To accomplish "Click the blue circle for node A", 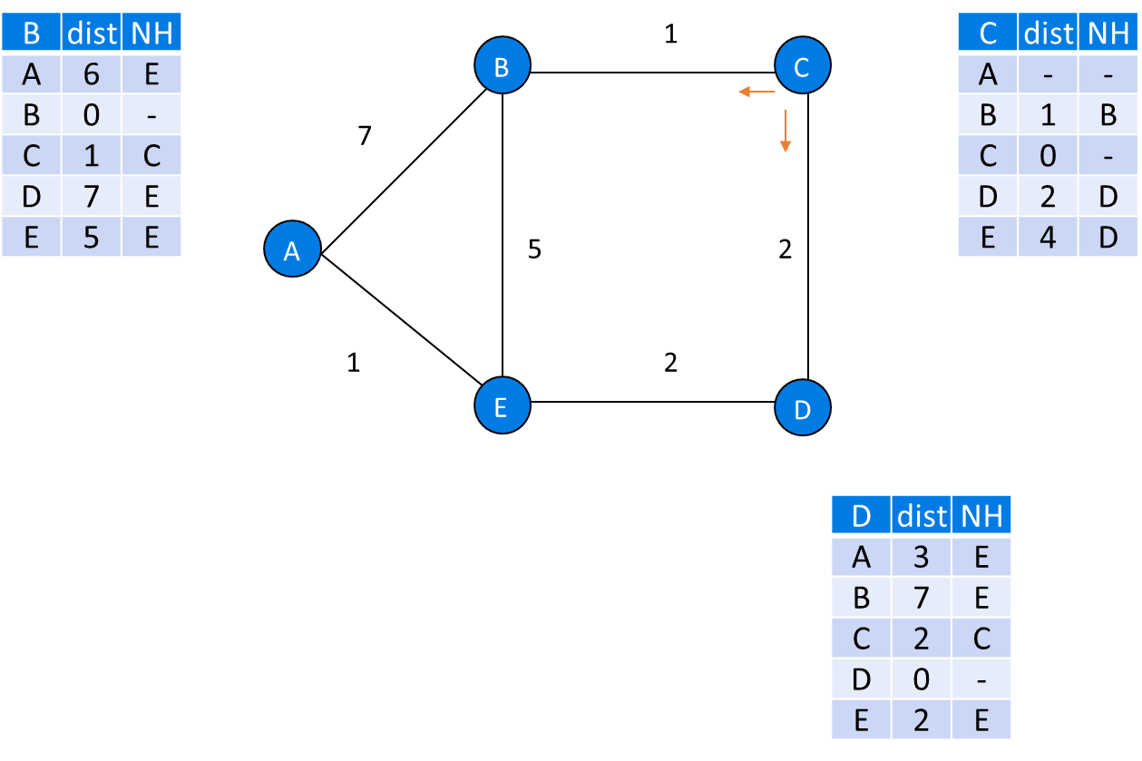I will pyautogui.click(x=292, y=249).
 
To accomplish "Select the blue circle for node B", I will pyautogui.click(x=502, y=65).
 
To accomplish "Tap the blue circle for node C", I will pyautogui.click(x=803, y=66).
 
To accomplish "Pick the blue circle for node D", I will pyautogui.click(x=803, y=409).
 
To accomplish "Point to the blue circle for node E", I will pyautogui.click(x=502, y=407).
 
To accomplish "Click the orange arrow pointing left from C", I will pyautogui.click(x=756, y=92).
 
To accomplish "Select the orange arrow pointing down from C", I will pyautogui.click(x=786, y=132).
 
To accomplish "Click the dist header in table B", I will pyautogui.click(x=92, y=33).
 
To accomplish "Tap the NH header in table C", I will pyautogui.click(x=1108, y=33).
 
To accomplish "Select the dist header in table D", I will pyautogui.click(x=922, y=515).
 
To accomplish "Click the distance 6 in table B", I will pyautogui.click(x=92, y=73).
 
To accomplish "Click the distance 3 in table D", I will pyautogui.click(x=922, y=556).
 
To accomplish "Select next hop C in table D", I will pyautogui.click(x=981, y=639).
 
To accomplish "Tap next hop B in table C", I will pyautogui.click(x=1108, y=114).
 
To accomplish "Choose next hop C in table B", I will pyautogui.click(x=151, y=155).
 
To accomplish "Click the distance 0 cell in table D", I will pyautogui.click(x=922, y=679).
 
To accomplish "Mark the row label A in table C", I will pyautogui.click(x=988, y=73).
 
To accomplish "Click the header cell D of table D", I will pyautogui.click(x=862, y=515).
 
